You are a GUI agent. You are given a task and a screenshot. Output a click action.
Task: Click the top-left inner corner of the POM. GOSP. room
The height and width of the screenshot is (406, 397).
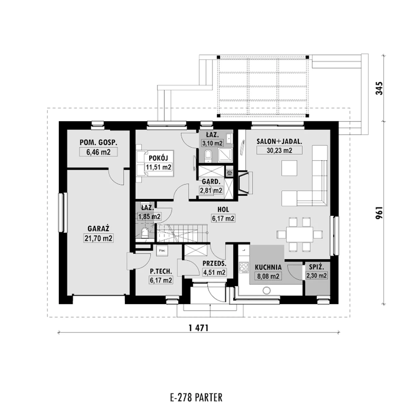click(x=67, y=130)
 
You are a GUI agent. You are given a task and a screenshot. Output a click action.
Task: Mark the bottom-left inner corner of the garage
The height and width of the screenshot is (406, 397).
click(x=67, y=295)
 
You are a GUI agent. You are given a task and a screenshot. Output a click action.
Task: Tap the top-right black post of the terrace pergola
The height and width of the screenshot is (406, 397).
click(x=307, y=57)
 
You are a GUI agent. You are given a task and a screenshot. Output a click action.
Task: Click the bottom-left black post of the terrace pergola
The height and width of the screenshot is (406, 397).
click(x=218, y=115)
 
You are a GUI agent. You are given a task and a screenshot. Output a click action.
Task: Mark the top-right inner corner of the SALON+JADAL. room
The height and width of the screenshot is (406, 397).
click(x=330, y=130)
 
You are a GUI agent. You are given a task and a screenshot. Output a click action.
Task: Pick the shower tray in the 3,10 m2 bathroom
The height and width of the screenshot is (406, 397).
click(x=225, y=155)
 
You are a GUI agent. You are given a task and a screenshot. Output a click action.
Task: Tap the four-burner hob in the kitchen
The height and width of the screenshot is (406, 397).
click(x=244, y=267)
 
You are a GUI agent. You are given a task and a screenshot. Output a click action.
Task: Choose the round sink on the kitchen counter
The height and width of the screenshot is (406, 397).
click(x=266, y=290)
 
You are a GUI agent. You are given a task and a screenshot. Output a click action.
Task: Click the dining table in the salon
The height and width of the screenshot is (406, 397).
click(x=300, y=234)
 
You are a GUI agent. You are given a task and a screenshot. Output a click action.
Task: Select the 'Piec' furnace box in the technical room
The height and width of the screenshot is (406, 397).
click(x=162, y=250)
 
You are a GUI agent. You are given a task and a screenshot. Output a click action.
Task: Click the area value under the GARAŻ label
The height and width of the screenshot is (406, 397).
click(x=98, y=238)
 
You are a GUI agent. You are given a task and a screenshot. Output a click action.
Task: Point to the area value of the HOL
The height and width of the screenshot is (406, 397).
click(x=223, y=218)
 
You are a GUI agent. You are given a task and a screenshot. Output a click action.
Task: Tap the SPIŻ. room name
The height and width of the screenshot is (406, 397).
click(x=316, y=267)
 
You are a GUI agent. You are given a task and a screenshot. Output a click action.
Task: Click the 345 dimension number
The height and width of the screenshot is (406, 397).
click(x=379, y=88)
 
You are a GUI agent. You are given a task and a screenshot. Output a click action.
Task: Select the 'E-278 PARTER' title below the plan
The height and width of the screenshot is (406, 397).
click(x=196, y=380)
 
